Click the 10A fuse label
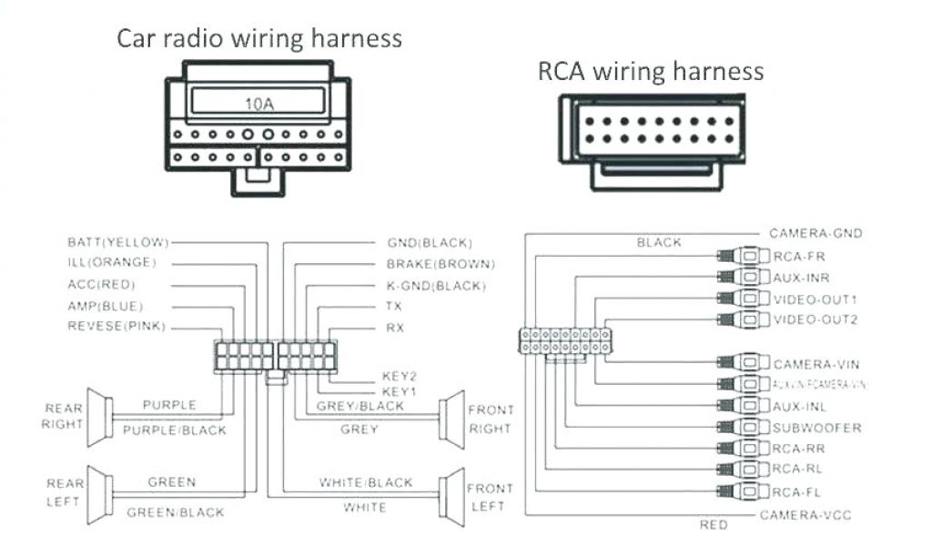[x=258, y=104]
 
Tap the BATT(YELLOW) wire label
[x=118, y=242]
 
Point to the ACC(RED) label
[x=101, y=285]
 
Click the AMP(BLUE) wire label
[x=105, y=306]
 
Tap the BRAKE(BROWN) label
[x=441, y=264]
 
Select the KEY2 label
[x=400, y=375]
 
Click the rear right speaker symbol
[x=99, y=416]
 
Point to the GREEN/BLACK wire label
[x=174, y=512]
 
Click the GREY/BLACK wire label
[x=360, y=406]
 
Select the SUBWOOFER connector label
[x=816, y=428]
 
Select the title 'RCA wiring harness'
[x=651, y=71]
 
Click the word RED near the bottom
[x=713, y=526]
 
